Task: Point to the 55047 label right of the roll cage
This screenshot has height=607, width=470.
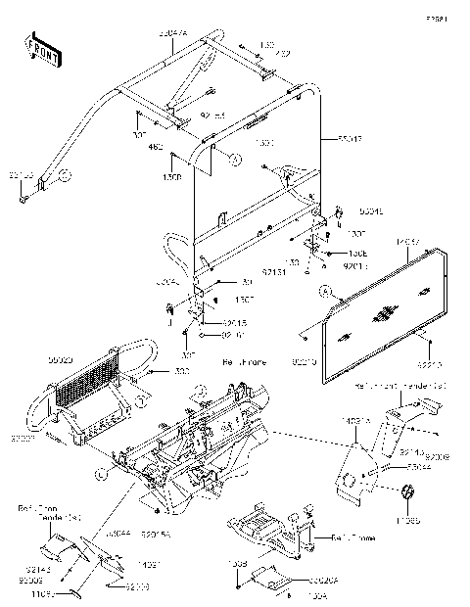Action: tap(350, 140)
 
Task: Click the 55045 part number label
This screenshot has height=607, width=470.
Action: tap(370, 210)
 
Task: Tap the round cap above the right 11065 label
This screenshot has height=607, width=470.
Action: tap(406, 490)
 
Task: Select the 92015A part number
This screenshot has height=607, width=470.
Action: tap(156, 536)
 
